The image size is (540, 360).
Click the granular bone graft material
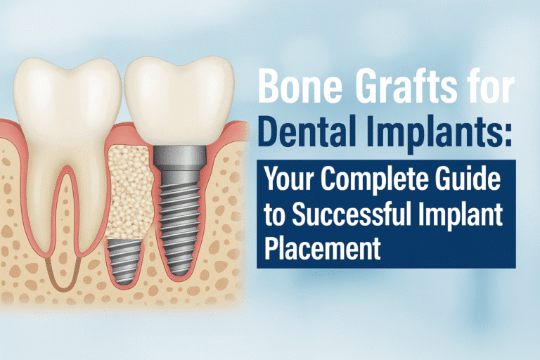(126, 190)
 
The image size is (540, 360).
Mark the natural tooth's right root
(84, 211)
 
